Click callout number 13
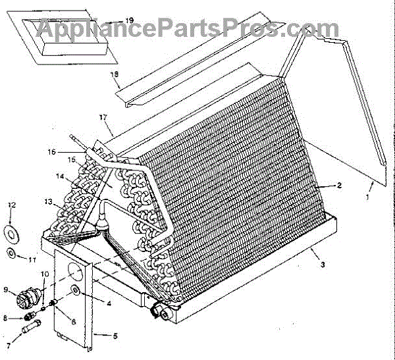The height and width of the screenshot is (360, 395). (47, 201)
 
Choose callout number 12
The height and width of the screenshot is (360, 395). (11, 206)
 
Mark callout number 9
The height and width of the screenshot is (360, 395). (7, 289)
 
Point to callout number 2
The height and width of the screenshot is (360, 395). (339, 186)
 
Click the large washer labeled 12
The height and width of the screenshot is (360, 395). (11, 232)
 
